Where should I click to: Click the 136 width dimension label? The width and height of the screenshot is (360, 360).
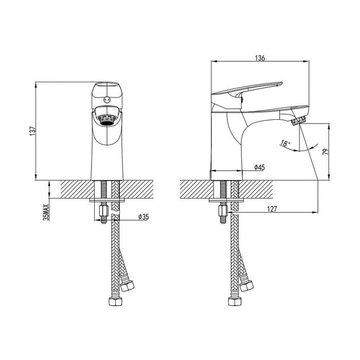coord(260,58)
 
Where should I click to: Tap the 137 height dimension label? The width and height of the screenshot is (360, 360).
coord(32,131)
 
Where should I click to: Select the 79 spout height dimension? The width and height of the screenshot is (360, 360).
coord(326,152)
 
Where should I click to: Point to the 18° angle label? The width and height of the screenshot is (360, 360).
coord(285,143)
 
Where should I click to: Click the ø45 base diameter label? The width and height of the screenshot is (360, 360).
coord(259,167)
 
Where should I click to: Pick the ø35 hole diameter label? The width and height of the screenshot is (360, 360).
coord(143,217)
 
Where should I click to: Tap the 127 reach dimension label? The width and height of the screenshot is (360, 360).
coord(272,209)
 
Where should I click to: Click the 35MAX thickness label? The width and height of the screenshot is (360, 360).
coord(46,212)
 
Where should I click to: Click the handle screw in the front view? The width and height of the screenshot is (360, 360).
coord(107,99)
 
